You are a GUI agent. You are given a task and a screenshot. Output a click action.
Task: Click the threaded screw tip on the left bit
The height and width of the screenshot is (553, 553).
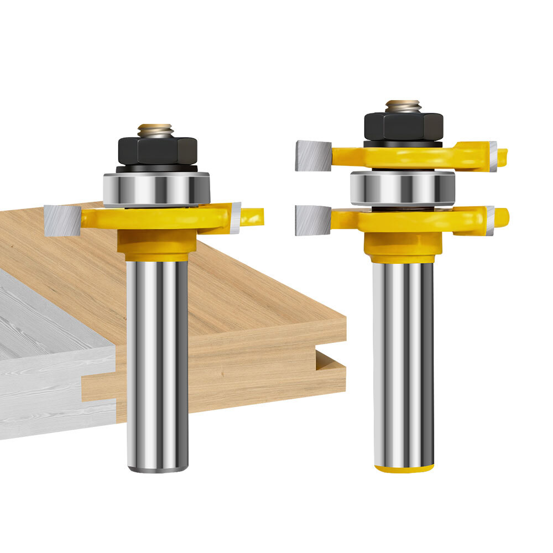click(x=155, y=131)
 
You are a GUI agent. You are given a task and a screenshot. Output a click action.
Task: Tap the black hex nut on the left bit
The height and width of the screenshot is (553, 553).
click(x=157, y=150)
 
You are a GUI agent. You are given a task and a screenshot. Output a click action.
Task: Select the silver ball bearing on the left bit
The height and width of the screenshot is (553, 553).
click(x=156, y=189)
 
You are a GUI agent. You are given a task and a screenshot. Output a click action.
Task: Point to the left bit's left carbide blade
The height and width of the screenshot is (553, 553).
click(x=62, y=220)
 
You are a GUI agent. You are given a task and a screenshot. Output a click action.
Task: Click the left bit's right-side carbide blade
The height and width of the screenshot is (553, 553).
click(x=236, y=217)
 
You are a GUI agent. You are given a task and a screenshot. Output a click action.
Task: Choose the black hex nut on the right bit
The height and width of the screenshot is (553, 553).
click(x=403, y=126)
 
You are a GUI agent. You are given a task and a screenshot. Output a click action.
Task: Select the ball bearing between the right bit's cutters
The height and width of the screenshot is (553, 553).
click(x=403, y=187)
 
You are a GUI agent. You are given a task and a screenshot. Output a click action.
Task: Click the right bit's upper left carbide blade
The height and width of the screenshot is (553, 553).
click(x=313, y=155)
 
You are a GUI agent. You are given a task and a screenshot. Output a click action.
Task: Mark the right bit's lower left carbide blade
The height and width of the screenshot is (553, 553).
click(x=313, y=220)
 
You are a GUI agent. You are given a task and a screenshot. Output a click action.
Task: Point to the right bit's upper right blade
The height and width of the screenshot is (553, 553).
click(x=492, y=156)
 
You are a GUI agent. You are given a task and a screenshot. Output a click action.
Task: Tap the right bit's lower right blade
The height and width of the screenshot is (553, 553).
click(x=490, y=220)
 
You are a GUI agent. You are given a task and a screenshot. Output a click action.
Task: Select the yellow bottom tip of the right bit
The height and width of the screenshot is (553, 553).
click(x=404, y=469)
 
